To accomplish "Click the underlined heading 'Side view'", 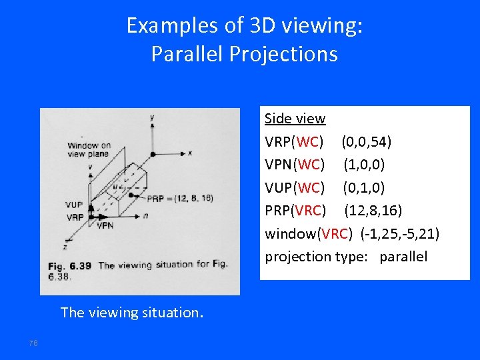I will click(x=295, y=119).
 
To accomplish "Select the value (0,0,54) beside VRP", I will click(x=366, y=142).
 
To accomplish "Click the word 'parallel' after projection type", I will click(x=403, y=257).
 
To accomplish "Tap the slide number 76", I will click(x=33, y=343).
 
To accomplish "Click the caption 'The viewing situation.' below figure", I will click(x=131, y=312).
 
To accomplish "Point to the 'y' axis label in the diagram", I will click(x=153, y=117).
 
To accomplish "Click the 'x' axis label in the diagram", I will click(x=190, y=152).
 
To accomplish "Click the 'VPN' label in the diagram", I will click(x=105, y=226).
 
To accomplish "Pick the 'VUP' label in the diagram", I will click(x=75, y=205).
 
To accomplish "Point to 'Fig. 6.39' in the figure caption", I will click(x=70, y=265).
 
